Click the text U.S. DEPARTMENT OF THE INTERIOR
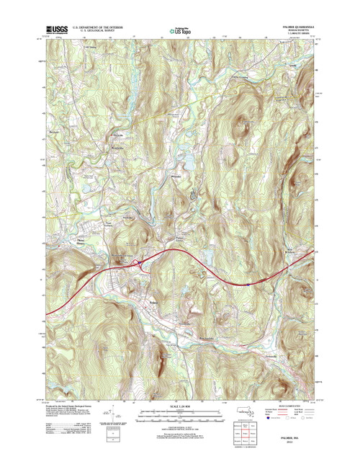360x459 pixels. click(96, 25)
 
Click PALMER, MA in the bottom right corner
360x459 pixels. click(300, 445)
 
